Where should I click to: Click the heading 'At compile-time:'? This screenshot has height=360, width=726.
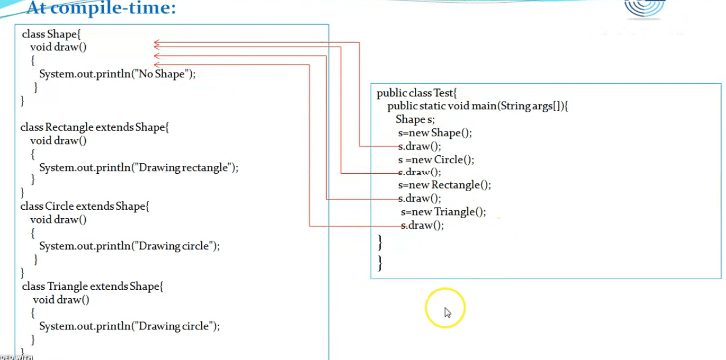pos(101,8)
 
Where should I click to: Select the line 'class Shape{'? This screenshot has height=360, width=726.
pos(52,34)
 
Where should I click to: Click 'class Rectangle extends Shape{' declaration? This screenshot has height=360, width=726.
pos(94,127)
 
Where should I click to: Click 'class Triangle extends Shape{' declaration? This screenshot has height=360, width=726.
pos(93,287)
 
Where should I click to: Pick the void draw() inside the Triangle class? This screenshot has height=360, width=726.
pos(61,300)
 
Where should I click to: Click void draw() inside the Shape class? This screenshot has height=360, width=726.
pos(58,47)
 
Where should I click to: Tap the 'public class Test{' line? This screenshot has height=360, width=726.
pos(417,93)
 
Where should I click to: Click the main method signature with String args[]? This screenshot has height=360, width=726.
pos(478,107)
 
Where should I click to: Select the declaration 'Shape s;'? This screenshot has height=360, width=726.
pos(415,119)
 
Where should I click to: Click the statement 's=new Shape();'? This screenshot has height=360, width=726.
pos(435,133)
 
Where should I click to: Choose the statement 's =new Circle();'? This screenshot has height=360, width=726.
pos(436,160)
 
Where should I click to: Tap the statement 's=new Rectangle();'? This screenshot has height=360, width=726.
pos(444,185)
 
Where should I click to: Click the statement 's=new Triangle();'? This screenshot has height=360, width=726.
pos(443,212)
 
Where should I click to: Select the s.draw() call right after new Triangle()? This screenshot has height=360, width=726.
pos(422,225)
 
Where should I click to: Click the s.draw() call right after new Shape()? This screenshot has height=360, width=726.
pos(420,146)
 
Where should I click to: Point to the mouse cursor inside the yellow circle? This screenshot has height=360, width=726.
pos(447,312)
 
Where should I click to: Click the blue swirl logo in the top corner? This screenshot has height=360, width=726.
pos(644,8)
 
